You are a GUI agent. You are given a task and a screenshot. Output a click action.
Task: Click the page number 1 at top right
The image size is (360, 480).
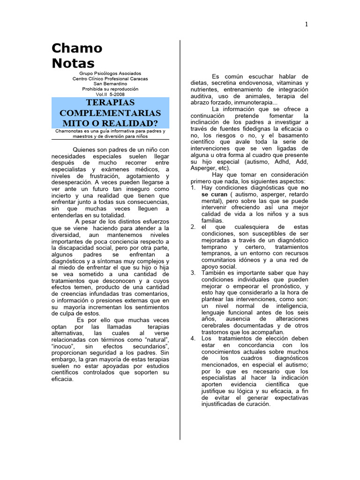point(307,25)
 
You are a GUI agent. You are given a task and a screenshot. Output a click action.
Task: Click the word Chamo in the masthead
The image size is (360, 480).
point(77,48)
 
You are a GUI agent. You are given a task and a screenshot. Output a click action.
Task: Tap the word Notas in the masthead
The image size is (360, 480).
point(73,63)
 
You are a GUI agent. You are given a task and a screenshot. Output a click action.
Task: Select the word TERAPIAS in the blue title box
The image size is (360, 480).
point(110,103)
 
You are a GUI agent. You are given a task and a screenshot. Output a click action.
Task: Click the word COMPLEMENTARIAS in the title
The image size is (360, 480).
point(110,113)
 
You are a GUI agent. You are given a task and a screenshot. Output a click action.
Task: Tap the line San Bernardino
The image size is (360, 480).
point(110,84)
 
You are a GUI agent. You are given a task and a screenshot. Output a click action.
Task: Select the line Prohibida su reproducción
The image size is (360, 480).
point(110,89)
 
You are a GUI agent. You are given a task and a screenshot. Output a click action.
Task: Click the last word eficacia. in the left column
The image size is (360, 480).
point(62,379)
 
